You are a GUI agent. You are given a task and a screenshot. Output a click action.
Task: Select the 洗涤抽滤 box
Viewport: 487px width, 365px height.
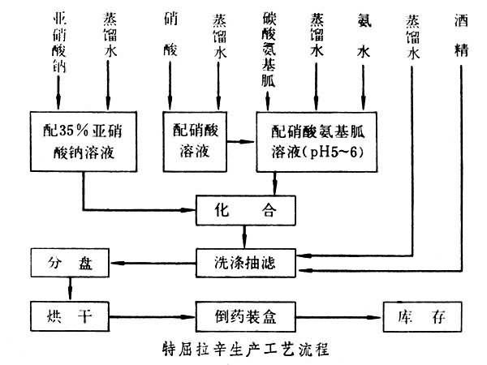click(x=244, y=262)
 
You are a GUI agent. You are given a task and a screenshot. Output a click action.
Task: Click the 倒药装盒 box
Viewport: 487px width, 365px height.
click(x=244, y=312)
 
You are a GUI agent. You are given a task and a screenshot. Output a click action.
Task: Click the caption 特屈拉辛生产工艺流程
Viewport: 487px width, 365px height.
click(x=243, y=350)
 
